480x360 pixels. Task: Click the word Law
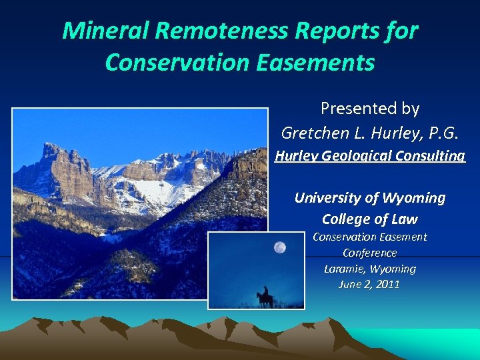405,219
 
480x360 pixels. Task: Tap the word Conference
369,253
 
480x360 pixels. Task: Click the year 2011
387,284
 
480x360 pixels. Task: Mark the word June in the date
351,284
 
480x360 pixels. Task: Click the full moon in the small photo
279,248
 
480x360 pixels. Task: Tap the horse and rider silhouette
264,298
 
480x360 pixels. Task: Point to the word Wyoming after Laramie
394,269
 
